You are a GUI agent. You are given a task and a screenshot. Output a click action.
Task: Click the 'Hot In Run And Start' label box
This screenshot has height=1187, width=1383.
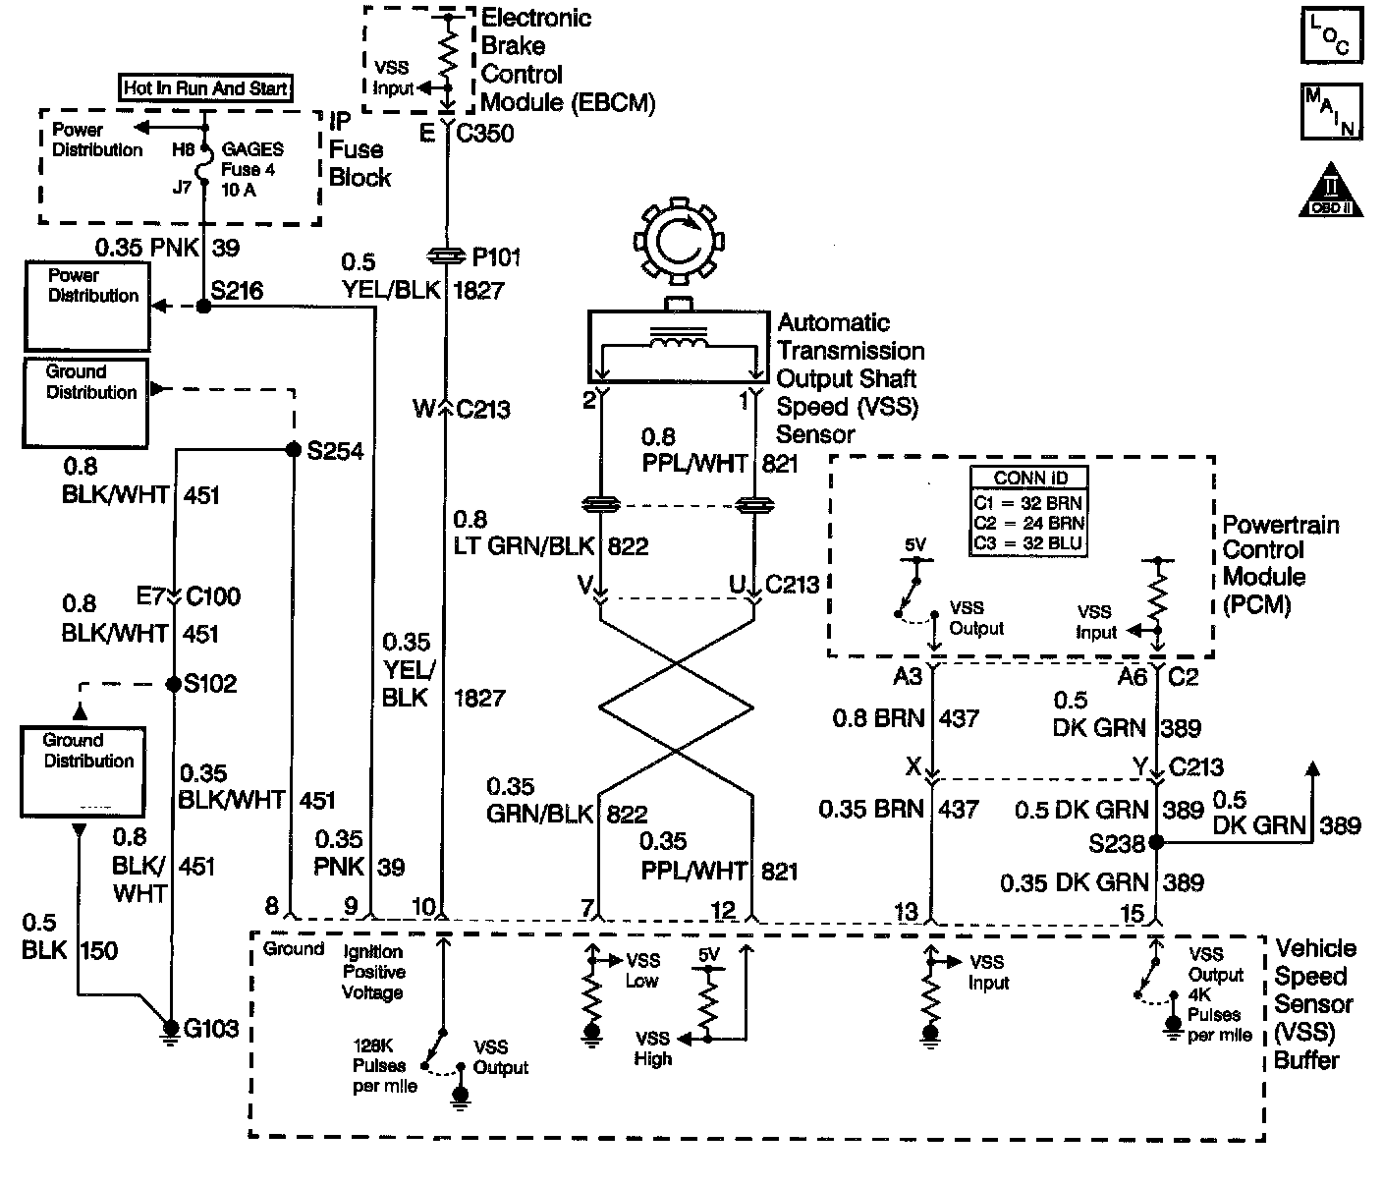tap(205, 88)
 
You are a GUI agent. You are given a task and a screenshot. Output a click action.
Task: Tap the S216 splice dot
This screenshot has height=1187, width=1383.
tap(204, 307)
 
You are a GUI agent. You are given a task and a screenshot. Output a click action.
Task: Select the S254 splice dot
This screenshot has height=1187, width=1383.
tap(293, 450)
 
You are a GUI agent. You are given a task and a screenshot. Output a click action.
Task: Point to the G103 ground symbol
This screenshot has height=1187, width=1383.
tap(170, 1031)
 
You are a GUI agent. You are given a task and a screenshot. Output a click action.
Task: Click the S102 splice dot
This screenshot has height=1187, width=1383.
tap(173, 683)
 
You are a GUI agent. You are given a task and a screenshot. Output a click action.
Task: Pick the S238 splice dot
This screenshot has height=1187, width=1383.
tap(1157, 842)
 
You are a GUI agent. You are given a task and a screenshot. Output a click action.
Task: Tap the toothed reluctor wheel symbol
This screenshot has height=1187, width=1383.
tap(678, 239)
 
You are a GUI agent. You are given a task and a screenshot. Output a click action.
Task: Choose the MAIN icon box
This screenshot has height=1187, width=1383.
tap(1331, 113)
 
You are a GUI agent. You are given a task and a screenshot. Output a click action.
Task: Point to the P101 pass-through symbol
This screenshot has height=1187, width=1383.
tap(447, 257)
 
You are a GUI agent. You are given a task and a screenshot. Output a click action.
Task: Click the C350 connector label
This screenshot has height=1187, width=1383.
tap(485, 133)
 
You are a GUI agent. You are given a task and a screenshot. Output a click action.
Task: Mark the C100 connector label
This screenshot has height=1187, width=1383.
tap(213, 596)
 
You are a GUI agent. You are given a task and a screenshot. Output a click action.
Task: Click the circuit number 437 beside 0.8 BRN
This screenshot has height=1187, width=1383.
tap(959, 718)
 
